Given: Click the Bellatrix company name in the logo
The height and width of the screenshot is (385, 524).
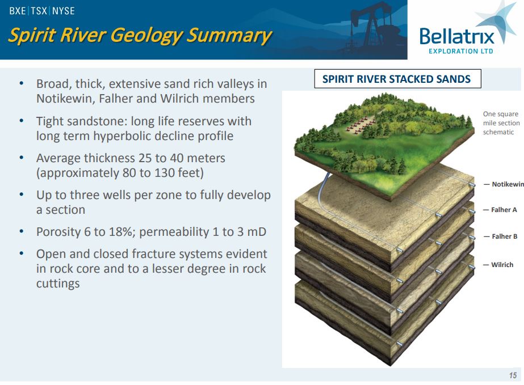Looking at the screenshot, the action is coord(456,36).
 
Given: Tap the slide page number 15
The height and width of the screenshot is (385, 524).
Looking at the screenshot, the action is coord(513,375).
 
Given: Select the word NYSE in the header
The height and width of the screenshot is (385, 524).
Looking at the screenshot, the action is coord(64,11).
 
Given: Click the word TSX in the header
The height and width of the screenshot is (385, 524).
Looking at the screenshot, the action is coord(39,11).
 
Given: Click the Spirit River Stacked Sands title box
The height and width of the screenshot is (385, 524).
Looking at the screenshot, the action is coord(397,79).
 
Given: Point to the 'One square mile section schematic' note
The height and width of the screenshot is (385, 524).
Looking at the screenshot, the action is coord(501,123).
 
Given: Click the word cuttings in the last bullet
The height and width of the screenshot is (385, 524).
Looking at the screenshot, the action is coord(58,284).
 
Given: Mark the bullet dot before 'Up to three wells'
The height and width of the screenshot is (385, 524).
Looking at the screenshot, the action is coord(22,194).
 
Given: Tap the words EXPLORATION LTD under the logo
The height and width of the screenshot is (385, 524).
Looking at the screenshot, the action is coord(461,51).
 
